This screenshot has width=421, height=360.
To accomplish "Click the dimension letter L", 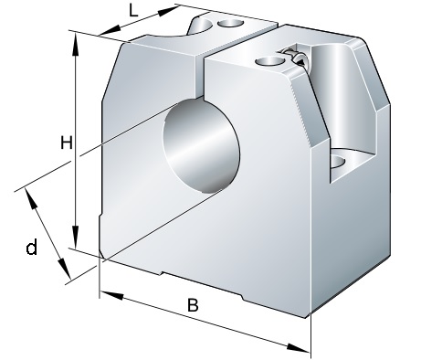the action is pyautogui.click(x=133, y=11).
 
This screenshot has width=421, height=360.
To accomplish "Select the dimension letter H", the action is pyautogui.click(x=67, y=143).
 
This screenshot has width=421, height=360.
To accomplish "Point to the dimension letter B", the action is pyautogui.click(x=193, y=305).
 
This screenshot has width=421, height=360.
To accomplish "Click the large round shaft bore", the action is pyautogui.click(x=201, y=146).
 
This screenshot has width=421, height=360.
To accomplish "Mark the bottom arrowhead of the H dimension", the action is pyautogui.click(x=75, y=237).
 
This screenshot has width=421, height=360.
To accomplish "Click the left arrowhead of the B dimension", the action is pyautogui.click(x=111, y=295).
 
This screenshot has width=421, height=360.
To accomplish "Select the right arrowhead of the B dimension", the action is pyautogui.click(x=299, y=348).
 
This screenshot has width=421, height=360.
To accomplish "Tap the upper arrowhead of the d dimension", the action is pyautogui.click(x=31, y=198).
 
